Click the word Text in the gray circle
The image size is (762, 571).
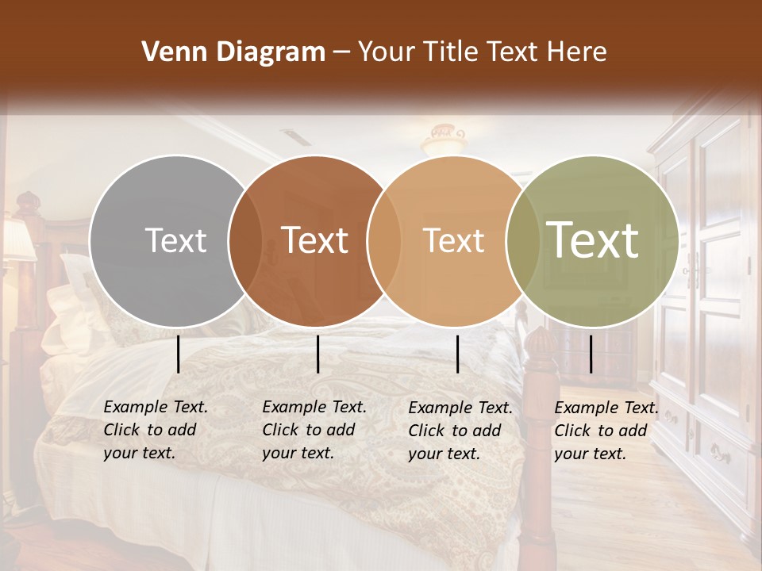pyautogui.click(x=175, y=240)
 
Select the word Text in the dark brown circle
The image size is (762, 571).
pyautogui.click(x=315, y=240)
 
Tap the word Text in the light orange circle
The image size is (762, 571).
pyautogui.click(x=453, y=240)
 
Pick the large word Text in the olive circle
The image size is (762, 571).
pyautogui.click(x=593, y=240)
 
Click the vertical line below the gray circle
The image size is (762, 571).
pyautogui.click(x=178, y=354)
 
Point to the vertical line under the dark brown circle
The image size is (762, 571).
pyautogui.click(x=317, y=354)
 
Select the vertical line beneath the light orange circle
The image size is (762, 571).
pyautogui.click(x=457, y=354)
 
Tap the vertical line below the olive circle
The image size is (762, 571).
pyautogui.click(x=591, y=354)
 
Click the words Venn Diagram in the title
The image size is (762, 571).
pyautogui.click(x=233, y=52)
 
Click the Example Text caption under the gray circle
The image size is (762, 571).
pyautogui.click(x=156, y=430)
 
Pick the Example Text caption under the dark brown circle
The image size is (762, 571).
pyautogui.click(x=314, y=430)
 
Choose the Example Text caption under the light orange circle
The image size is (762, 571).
pyautogui.click(x=460, y=431)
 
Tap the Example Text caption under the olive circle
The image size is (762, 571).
pyautogui.click(x=606, y=431)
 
